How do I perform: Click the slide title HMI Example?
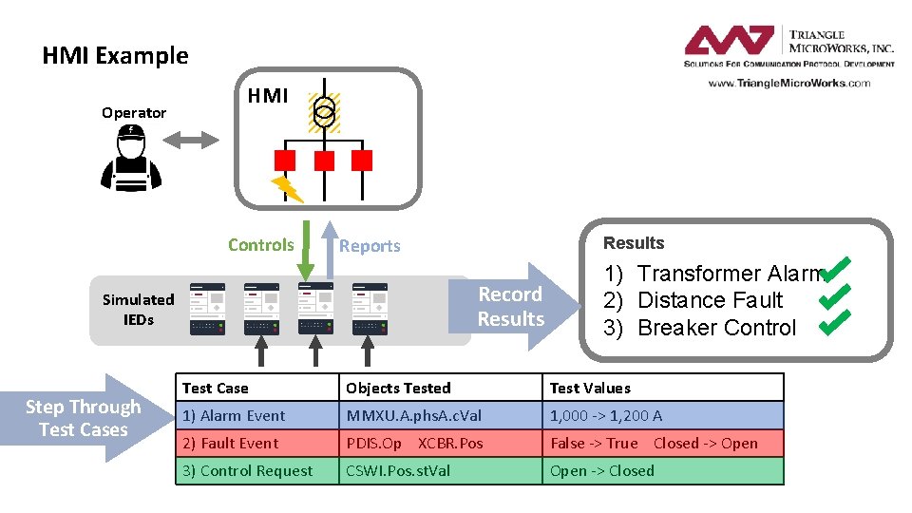click(115, 56)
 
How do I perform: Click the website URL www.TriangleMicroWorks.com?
click(788, 83)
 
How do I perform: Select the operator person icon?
click(131, 157)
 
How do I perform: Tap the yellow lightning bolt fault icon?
click(287, 188)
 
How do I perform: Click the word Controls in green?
click(260, 245)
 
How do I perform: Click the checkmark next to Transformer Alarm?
click(835, 272)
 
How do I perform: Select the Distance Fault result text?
click(710, 300)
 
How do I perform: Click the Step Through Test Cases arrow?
click(84, 418)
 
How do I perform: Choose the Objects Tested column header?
click(398, 388)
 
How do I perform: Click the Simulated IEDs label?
click(139, 309)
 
